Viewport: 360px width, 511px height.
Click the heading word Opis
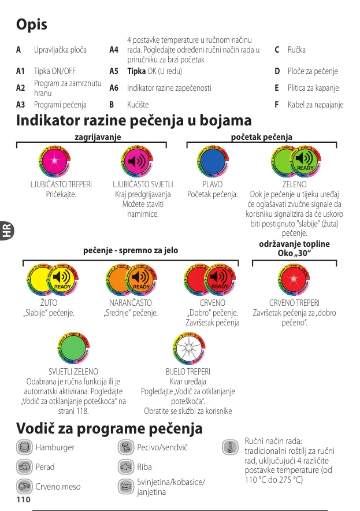click(x=32, y=25)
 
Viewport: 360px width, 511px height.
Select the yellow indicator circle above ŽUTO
click(x=44, y=282)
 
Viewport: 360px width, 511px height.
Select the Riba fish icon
click(x=126, y=466)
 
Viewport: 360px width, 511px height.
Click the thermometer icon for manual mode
click(x=229, y=447)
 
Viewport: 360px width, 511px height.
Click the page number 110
click(x=23, y=499)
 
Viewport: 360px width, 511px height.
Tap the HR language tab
click(x=7, y=232)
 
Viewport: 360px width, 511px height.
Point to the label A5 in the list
click(x=114, y=71)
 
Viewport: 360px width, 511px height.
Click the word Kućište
click(x=138, y=105)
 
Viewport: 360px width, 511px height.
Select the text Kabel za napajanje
click(x=316, y=105)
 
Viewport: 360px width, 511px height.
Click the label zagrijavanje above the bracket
click(x=98, y=137)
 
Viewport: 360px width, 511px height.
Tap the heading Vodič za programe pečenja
click(x=110, y=429)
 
